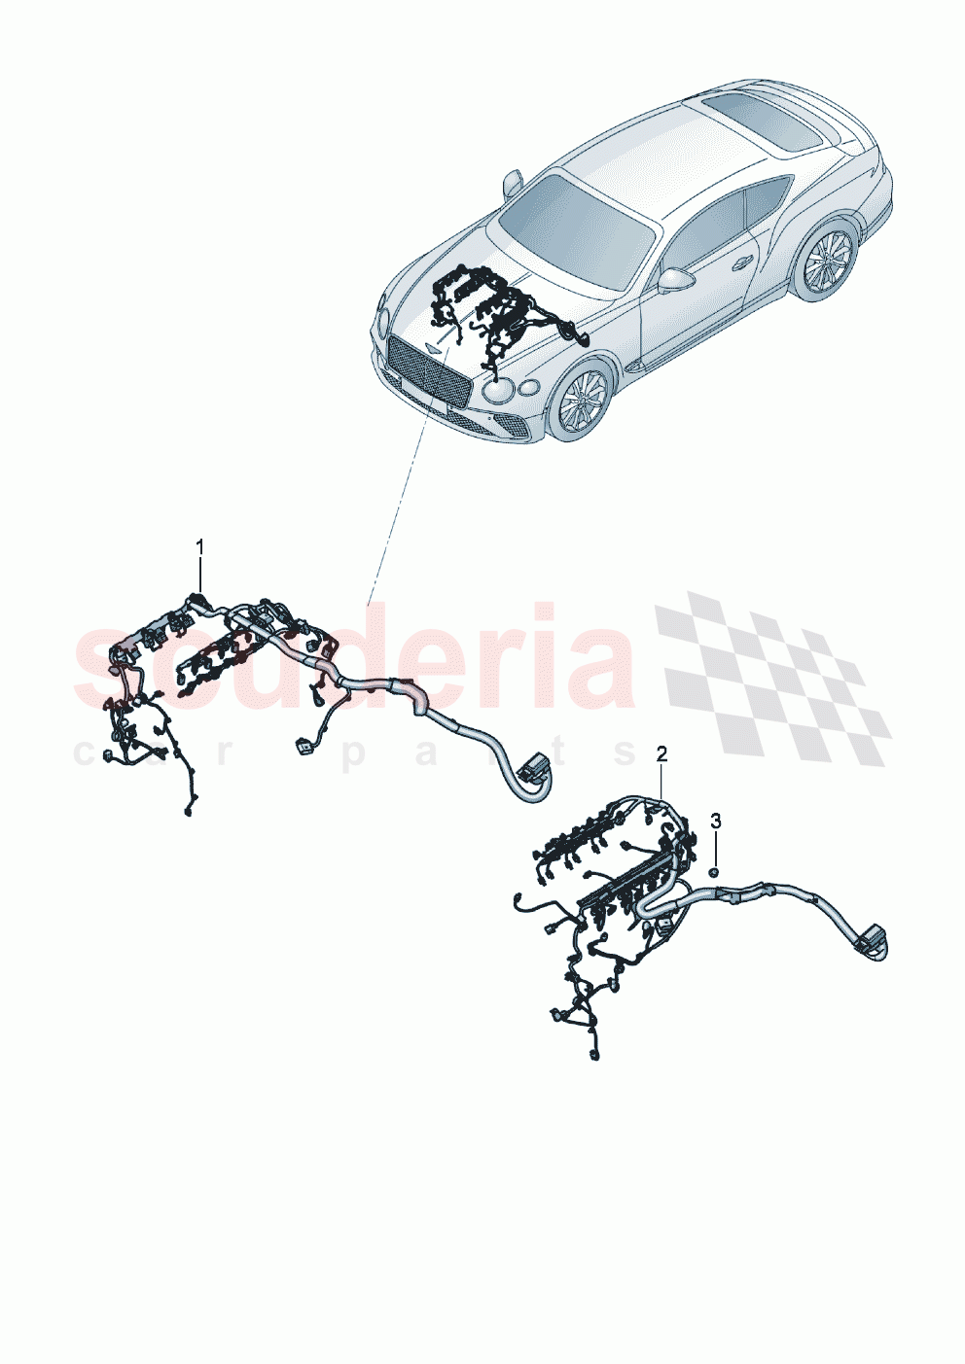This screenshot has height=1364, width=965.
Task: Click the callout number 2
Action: click(x=661, y=753)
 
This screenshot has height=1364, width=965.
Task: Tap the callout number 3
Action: click(x=716, y=821)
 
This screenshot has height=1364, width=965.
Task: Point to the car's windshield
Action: click(x=576, y=226)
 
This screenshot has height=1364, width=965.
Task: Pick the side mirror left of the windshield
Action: click(x=513, y=182)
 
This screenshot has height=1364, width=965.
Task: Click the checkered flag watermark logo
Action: click(x=773, y=678)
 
